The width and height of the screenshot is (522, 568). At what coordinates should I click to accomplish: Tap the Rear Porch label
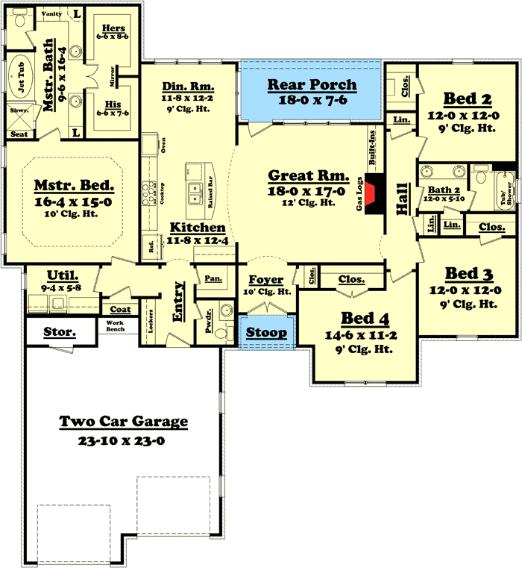pyautogui.click(x=312, y=84)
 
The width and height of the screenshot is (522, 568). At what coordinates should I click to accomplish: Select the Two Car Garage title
pyautogui.click(x=123, y=422)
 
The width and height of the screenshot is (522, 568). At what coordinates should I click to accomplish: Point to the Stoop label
pyautogui.click(x=266, y=332)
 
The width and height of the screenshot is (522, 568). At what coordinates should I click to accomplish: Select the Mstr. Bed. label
pyautogui.click(x=74, y=185)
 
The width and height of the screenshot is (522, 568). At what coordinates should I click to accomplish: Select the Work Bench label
pyautogui.click(x=115, y=325)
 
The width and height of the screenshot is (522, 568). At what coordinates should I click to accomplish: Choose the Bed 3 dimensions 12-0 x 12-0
pyautogui.click(x=463, y=290)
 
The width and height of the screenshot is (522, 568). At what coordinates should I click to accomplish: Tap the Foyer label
pyautogui.click(x=265, y=280)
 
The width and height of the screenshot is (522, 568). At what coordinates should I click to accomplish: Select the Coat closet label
pyautogui.click(x=120, y=309)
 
